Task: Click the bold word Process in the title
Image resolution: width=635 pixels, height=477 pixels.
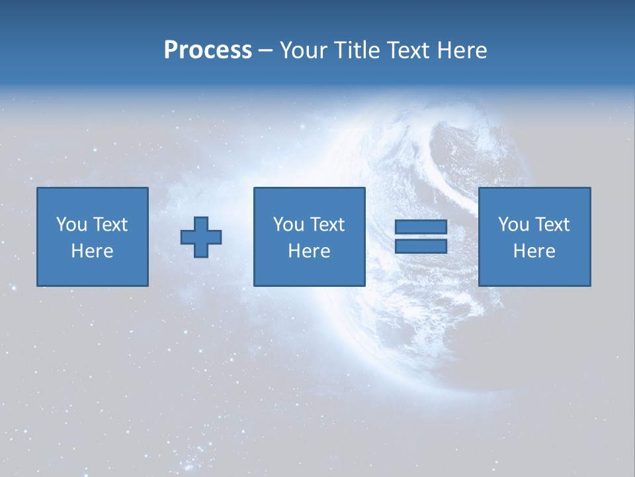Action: [208, 50]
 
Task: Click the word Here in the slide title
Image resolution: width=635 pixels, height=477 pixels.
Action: [463, 50]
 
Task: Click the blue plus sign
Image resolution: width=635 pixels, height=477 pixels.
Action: [201, 237]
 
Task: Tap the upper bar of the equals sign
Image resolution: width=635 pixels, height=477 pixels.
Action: [421, 227]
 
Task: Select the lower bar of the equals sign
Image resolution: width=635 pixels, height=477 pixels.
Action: [421, 246]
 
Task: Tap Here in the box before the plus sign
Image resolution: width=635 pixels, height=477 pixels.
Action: [92, 251]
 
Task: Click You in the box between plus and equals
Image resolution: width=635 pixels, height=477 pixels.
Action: [288, 225]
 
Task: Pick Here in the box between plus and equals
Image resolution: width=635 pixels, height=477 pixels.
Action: [309, 251]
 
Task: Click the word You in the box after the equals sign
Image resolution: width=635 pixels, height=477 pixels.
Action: [513, 225]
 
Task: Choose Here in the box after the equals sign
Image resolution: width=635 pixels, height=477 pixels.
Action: [534, 251]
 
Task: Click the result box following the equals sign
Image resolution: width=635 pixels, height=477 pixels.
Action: [534, 272]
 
